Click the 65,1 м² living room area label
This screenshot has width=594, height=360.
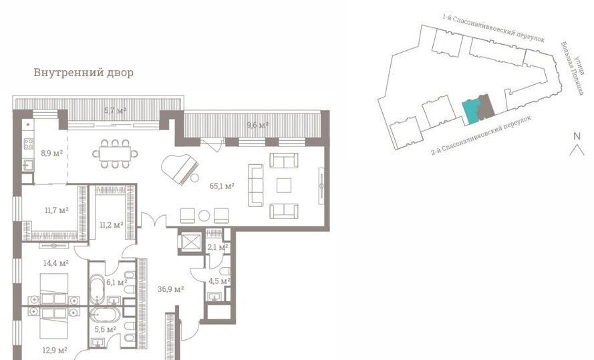pos(222,186)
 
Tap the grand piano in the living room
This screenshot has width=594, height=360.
pos(179,169)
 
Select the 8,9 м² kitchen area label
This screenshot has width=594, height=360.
pos(52,154)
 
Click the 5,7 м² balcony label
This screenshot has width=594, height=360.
pos(115,111)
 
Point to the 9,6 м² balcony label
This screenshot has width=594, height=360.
pos(258,124)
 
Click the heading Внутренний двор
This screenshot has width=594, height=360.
pos(84,72)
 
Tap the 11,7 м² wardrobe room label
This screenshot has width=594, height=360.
pos(57,210)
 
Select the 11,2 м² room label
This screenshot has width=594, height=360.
pos(112,225)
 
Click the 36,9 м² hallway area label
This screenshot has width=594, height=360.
pos(171,289)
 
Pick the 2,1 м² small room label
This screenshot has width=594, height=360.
pos(218,248)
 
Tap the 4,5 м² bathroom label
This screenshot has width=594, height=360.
pos(220,281)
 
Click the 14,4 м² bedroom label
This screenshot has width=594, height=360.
pos(55,262)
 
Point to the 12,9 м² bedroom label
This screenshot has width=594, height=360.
pos(55,351)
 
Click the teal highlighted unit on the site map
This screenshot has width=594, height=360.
pos(472,112)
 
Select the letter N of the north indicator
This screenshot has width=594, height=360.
pos(577,136)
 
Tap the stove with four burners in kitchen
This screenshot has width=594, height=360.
pos(29,144)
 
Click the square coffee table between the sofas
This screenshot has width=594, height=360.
pos(284,186)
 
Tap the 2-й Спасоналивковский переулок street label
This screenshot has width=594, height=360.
pos(481,135)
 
